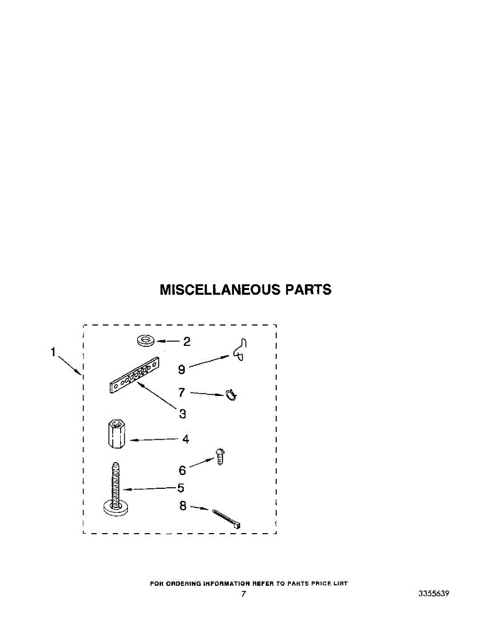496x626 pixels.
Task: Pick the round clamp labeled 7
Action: click(x=230, y=395)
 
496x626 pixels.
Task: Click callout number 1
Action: click(x=53, y=353)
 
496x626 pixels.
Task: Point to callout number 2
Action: click(x=186, y=342)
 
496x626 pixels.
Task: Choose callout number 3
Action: click(x=182, y=414)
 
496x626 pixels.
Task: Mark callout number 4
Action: click(x=185, y=439)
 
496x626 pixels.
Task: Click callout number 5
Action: click(x=180, y=488)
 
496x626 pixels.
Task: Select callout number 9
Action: click(x=181, y=369)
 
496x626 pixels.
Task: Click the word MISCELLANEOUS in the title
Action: click(x=219, y=290)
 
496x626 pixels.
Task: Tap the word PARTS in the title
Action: click(x=308, y=290)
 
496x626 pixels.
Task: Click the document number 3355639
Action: click(x=433, y=594)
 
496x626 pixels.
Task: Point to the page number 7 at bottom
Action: click(x=243, y=594)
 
